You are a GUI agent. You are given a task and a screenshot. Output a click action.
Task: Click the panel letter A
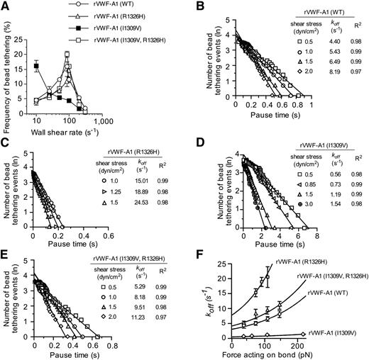(6, 6)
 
